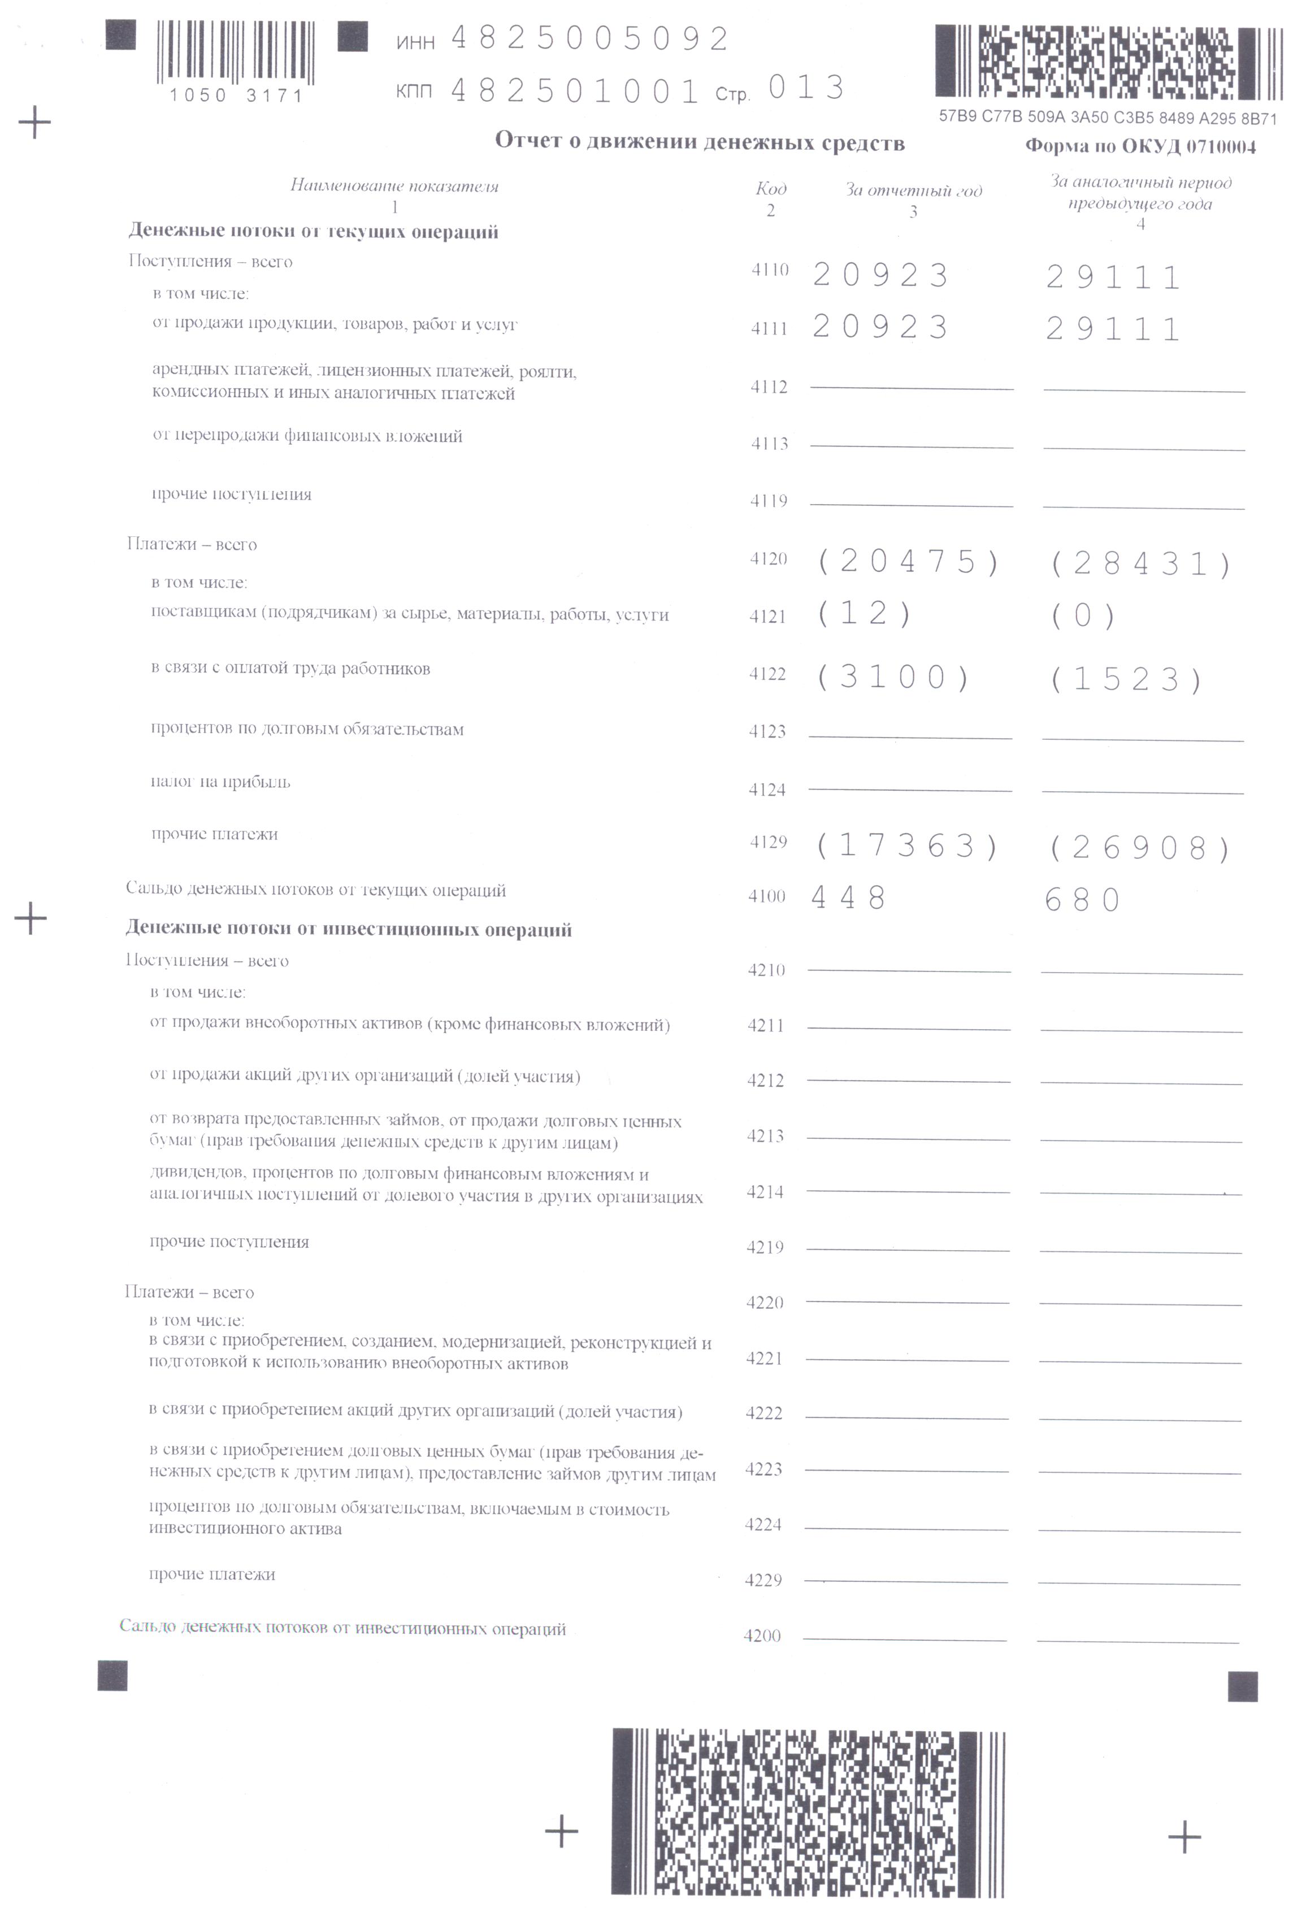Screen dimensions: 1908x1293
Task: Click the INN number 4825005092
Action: [589, 38]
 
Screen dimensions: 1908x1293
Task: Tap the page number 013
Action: [806, 88]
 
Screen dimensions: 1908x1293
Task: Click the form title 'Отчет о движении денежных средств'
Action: [700, 142]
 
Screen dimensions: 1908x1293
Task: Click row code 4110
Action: [769, 270]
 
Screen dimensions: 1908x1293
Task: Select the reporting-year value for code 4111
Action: [880, 327]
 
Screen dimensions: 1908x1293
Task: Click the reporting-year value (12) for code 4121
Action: [865, 613]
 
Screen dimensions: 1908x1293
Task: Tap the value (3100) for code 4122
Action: [893, 677]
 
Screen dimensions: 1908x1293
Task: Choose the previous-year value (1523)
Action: [1126, 680]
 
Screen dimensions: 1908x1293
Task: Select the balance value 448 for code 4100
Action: [849, 897]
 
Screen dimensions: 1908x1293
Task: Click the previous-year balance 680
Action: [1083, 901]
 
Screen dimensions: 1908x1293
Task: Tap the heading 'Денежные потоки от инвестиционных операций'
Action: [348, 929]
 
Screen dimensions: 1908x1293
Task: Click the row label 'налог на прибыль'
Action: [220, 782]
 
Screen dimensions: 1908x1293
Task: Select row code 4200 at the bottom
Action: [762, 1636]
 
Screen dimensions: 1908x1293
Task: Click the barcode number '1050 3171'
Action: [236, 96]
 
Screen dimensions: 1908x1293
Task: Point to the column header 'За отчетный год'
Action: [914, 190]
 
